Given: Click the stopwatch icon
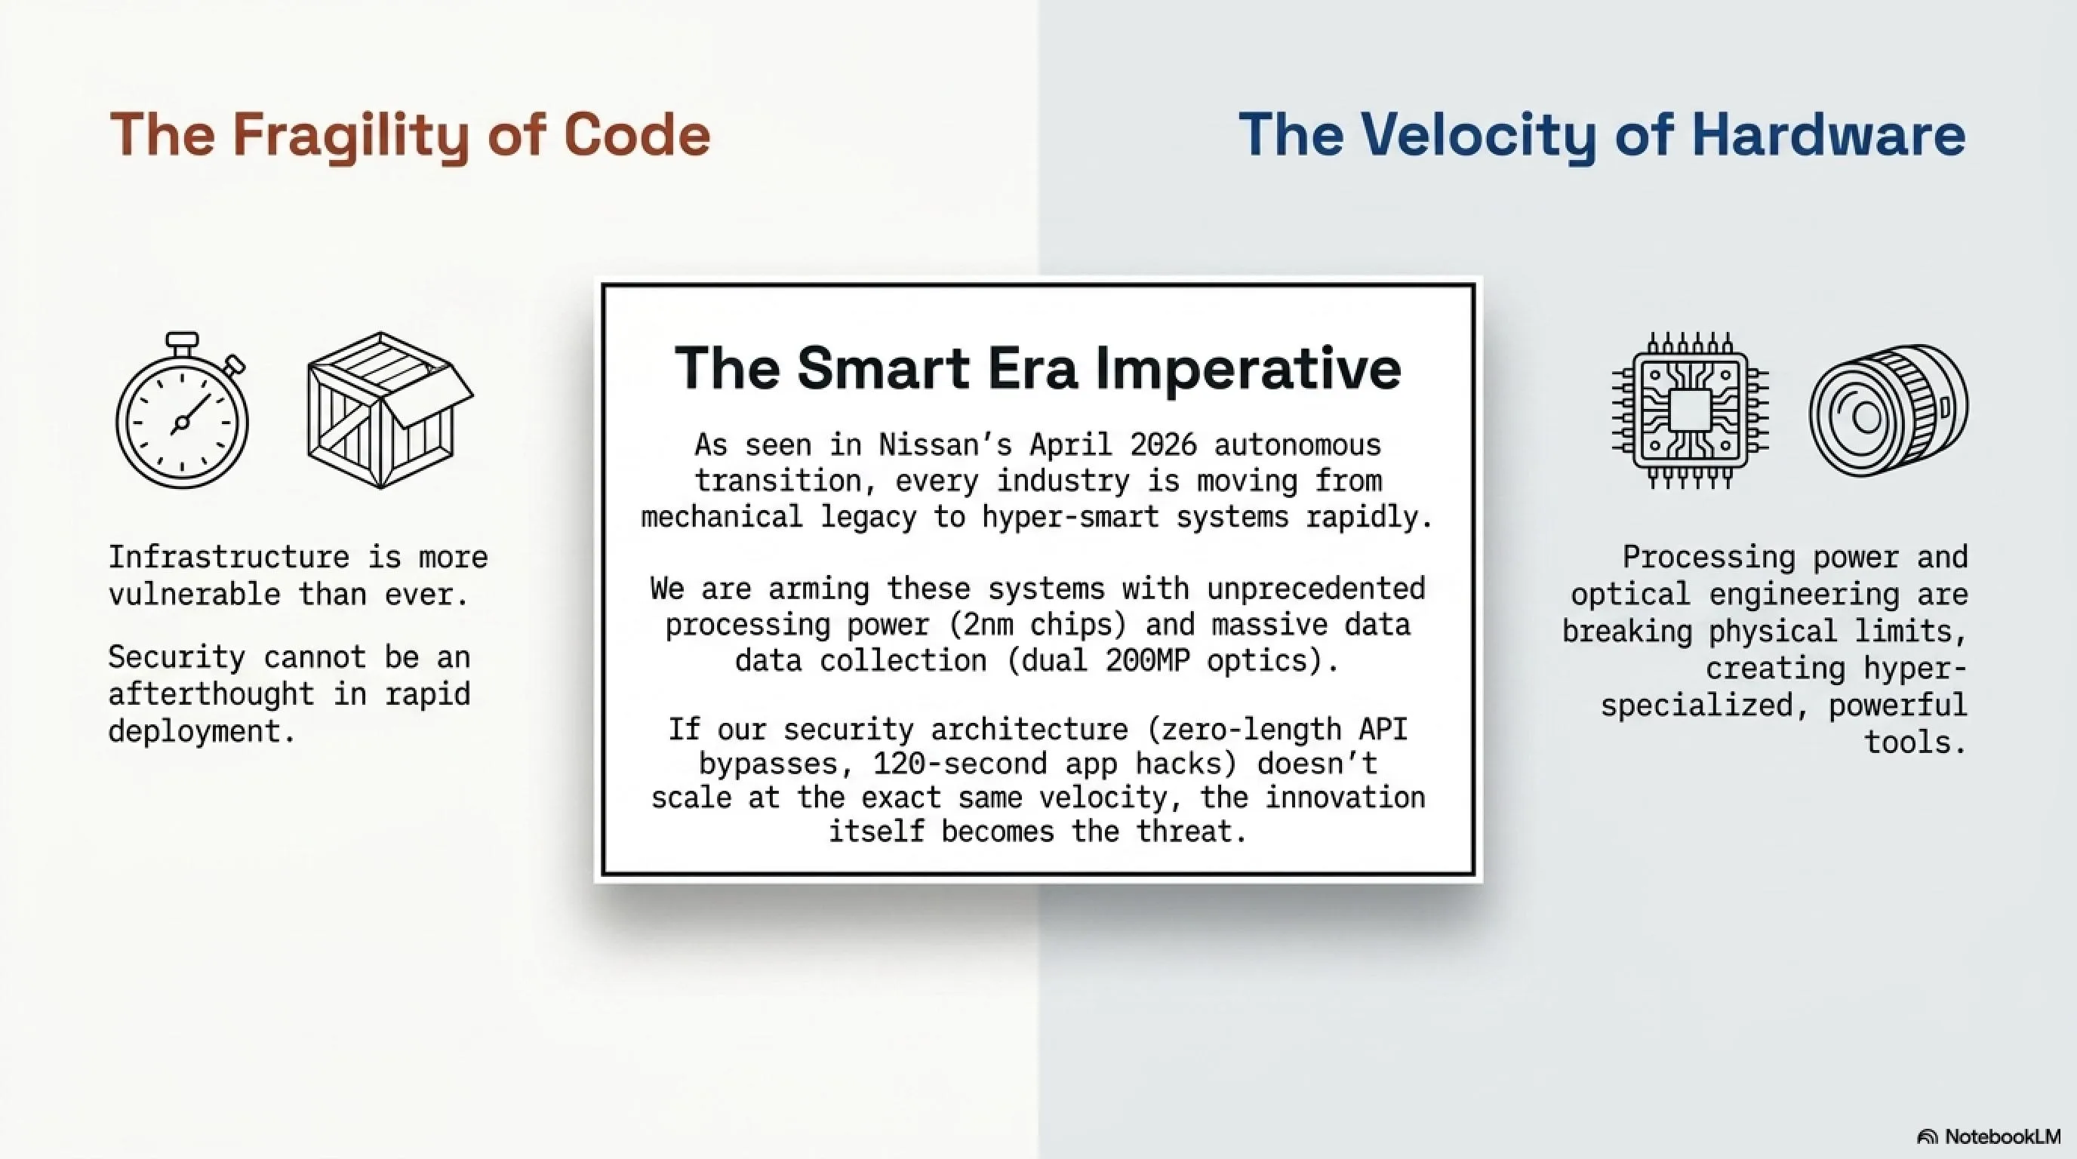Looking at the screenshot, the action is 182,410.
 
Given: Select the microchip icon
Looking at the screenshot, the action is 1690,411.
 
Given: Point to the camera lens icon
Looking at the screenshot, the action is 1888,411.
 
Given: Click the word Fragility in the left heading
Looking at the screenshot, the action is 351,135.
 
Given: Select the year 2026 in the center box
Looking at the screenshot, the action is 1164,444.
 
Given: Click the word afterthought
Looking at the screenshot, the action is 211,694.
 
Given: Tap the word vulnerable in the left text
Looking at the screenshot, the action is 194,595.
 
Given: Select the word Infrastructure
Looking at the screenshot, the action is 229,557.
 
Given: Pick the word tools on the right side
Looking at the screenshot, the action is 1915,742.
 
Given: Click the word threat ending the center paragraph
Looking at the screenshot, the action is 1191,831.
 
